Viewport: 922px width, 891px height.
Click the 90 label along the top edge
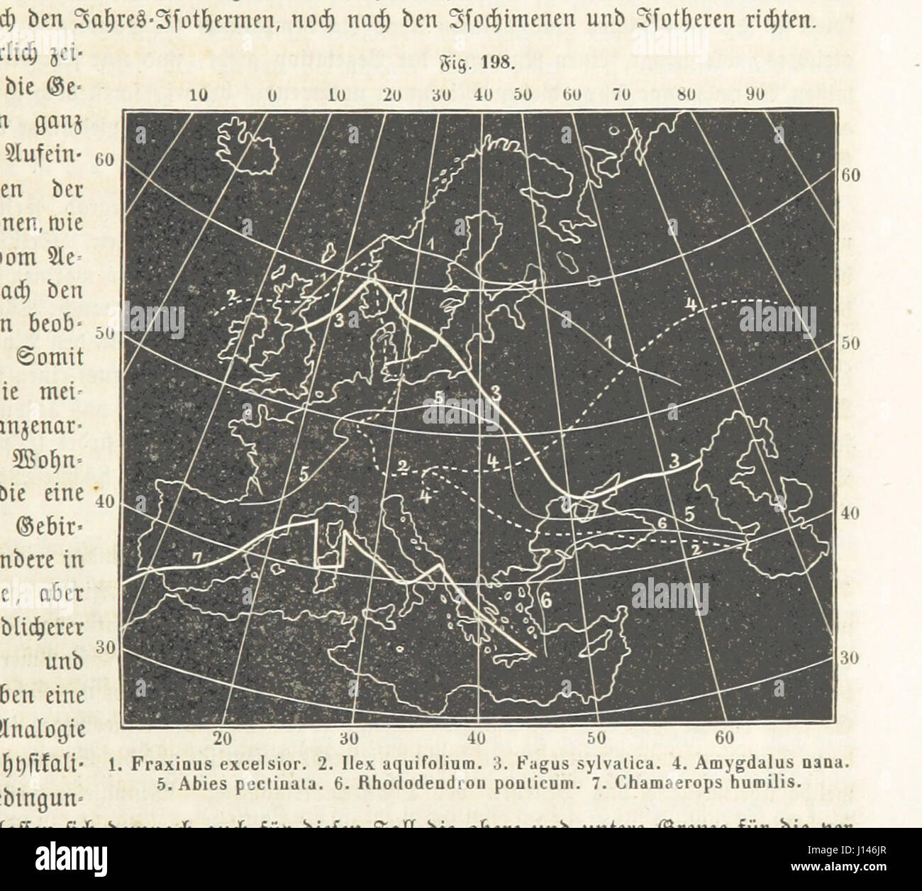(x=754, y=94)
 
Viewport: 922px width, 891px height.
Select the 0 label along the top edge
(x=272, y=95)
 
